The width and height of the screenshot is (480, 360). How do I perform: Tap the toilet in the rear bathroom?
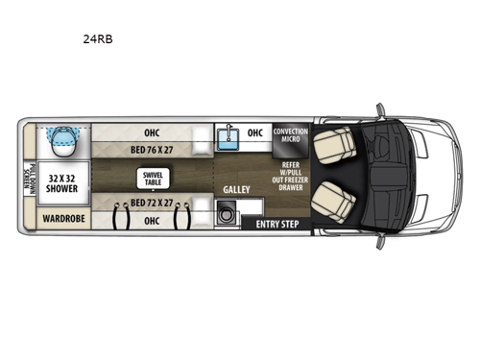pos(61,140)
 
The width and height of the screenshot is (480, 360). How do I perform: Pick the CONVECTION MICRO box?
pos(290,135)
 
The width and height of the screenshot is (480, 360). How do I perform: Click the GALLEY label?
pos(236,191)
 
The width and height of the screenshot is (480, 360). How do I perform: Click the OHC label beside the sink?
pos(255,133)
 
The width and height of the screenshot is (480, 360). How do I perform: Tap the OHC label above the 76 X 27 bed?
pos(151,133)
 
